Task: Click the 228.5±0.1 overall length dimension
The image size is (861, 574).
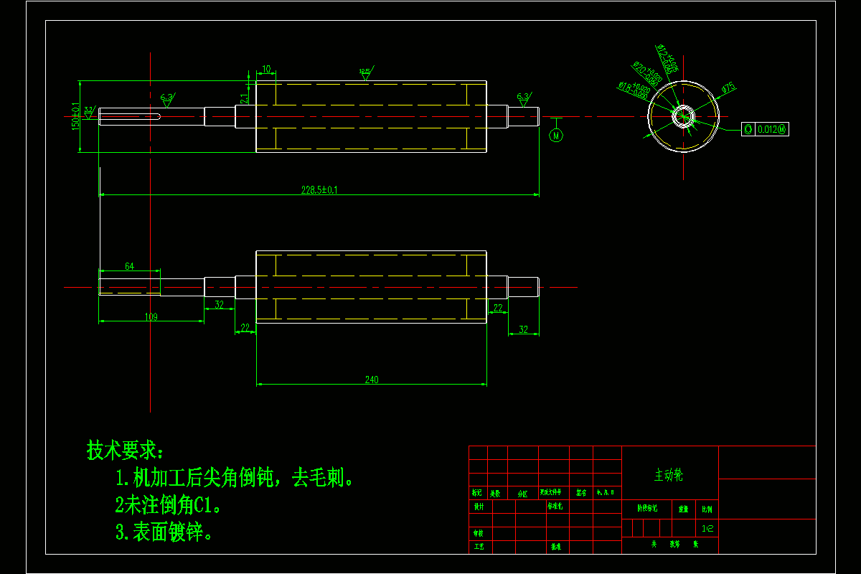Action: coord(319,190)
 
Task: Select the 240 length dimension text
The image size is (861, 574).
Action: coord(371,380)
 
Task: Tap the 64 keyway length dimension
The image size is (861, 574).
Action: coord(129,266)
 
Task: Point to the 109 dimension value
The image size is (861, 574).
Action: coord(151,316)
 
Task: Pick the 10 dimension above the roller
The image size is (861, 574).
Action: coord(266,70)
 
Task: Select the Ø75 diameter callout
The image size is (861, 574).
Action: coord(728,88)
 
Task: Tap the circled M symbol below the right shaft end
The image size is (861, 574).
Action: coord(556,135)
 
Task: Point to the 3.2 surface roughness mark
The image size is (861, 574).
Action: coord(89,110)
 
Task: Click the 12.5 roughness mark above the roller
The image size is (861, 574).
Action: coord(365,71)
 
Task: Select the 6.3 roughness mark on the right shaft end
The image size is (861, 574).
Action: coord(523,96)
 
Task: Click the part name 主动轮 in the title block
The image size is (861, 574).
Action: coord(669,475)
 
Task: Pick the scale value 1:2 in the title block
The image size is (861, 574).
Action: coord(707,528)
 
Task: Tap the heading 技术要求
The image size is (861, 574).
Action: coord(126,451)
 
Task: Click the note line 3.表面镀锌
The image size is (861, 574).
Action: coord(164,532)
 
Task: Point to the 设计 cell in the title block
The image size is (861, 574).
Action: coord(478,506)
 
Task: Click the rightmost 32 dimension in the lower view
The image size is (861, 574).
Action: coord(523,329)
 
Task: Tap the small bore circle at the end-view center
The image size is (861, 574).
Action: coord(683,116)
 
